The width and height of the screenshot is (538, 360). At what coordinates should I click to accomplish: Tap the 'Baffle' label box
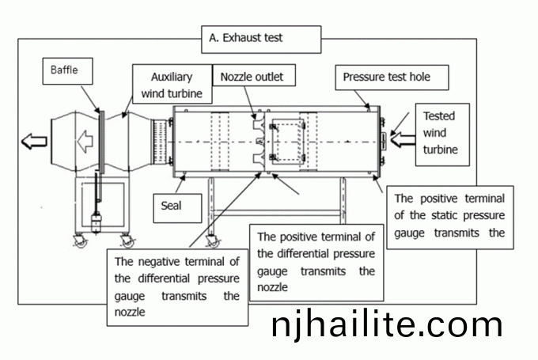click(66, 70)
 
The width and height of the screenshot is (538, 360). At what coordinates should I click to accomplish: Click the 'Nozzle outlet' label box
click(252, 77)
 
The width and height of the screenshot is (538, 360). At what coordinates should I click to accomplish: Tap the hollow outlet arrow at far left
click(35, 142)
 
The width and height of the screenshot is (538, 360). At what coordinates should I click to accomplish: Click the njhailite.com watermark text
click(386, 324)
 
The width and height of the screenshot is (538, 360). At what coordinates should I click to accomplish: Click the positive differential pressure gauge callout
click(316, 262)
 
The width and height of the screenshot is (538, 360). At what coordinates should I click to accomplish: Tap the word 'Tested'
click(439, 116)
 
